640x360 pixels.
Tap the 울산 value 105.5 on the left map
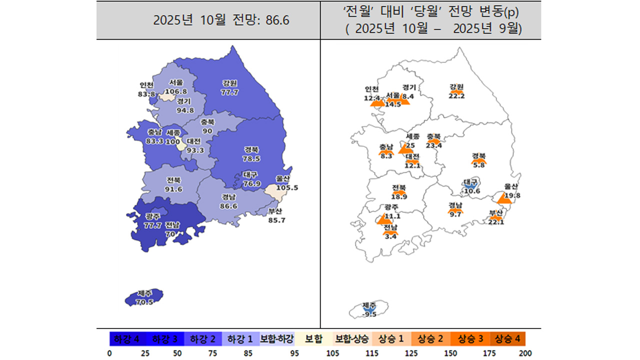[287, 187]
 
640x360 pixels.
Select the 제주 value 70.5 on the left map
[144, 302]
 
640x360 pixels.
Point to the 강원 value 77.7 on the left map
[230, 92]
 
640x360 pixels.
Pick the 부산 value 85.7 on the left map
[276, 219]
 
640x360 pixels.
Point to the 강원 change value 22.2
[456, 96]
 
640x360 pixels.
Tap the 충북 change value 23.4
[433, 145]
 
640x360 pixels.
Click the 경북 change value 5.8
[479, 165]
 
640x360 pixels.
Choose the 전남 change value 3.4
[390, 236]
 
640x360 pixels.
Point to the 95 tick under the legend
[293, 353]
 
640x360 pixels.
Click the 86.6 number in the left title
[278, 20]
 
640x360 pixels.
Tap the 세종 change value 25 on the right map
[410, 145]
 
